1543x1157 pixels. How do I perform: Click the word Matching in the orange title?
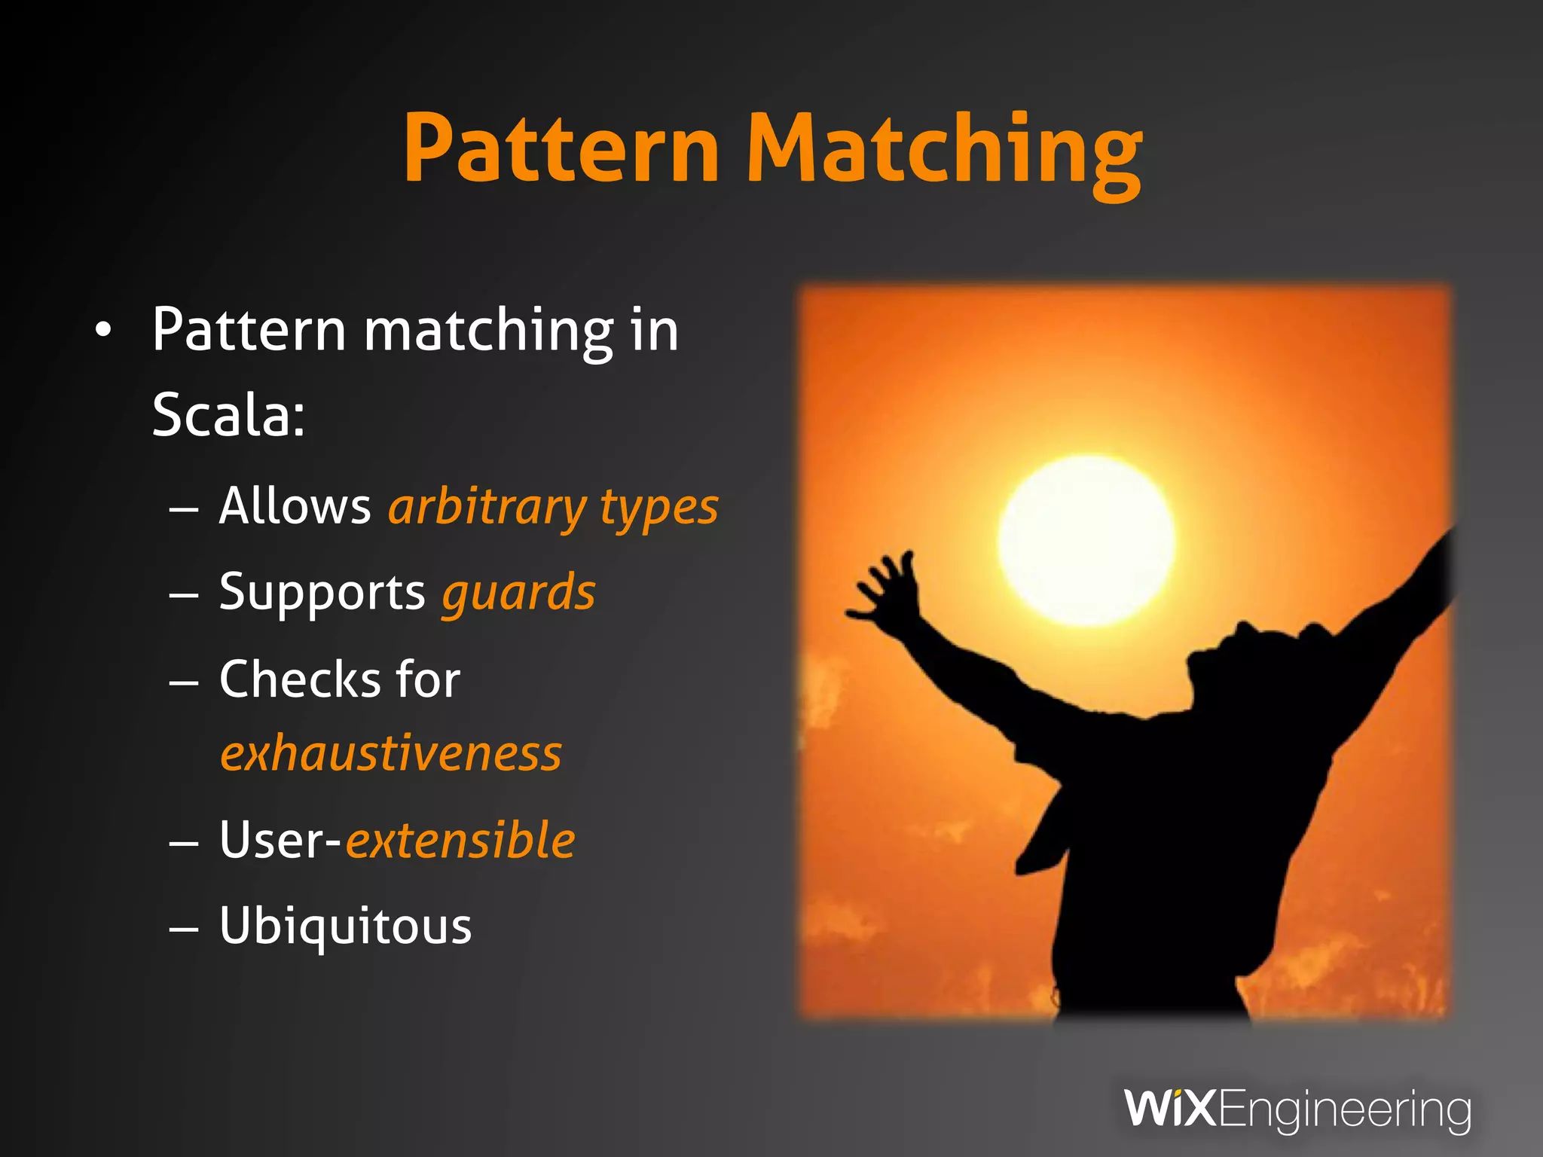[x=945, y=151]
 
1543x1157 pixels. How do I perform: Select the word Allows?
[x=295, y=505]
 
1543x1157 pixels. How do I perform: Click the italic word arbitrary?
[x=487, y=508]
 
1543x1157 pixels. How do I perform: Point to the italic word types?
[x=658, y=508]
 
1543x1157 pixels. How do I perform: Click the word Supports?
[x=322, y=593]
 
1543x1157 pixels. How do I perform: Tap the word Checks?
[x=300, y=679]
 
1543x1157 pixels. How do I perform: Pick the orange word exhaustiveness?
[x=391, y=753]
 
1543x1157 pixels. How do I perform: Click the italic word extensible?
[x=460, y=840]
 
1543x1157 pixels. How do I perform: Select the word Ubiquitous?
[x=345, y=926]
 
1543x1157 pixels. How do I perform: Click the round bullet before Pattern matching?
[x=103, y=330]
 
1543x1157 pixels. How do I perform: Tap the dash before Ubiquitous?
[x=184, y=929]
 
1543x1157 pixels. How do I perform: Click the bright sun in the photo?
[x=1086, y=540]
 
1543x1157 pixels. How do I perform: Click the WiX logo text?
[x=1169, y=1108]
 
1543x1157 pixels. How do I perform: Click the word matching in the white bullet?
[x=488, y=331]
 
